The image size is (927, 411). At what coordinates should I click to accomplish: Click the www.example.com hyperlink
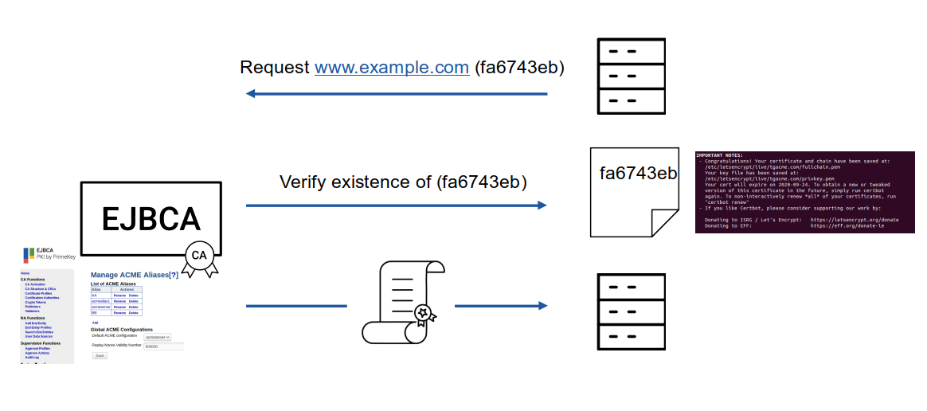(391, 68)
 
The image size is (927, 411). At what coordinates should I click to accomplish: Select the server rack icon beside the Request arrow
(620, 76)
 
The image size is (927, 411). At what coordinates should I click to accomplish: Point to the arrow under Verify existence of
(396, 205)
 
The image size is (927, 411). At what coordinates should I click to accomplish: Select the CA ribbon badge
(199, 256)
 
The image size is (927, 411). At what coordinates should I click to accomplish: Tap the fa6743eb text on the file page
(638, 174)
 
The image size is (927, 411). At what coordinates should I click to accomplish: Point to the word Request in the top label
(274, 68)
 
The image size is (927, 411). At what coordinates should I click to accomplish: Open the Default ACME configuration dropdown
(157, 337)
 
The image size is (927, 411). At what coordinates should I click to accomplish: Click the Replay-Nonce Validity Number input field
(163, 346)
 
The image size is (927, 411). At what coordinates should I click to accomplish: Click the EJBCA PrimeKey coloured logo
(28, 255)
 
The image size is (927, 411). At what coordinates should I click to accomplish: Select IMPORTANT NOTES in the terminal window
(719, 155)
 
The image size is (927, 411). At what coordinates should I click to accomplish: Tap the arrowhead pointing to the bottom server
(542, 306)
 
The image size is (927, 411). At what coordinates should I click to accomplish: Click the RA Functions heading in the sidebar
(34, 318)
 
